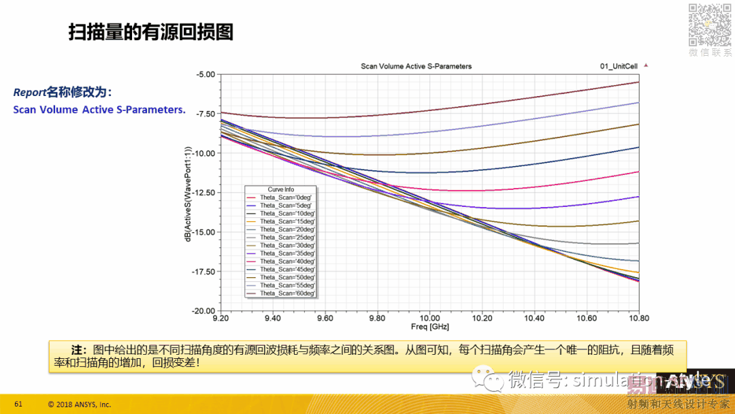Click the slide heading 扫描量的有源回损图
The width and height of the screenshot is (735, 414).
pyautogui.click(x=150, y=32)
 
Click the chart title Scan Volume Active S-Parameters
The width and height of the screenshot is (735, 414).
pyautogui.click(x=416, y=66)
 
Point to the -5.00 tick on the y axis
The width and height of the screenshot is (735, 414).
pyautogui.click(x=206, y=74)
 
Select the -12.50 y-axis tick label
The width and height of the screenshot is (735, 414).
pyautogui.click(x=204, y=193)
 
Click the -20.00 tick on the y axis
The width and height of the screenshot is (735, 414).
pyautogui.click(x=204, y=310)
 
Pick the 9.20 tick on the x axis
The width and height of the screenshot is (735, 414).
pyautogui.click(x=220, y=318)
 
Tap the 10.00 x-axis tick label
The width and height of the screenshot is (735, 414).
pyautogui.click(x=429, y=318)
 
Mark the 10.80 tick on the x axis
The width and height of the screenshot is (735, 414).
pyautogui.click(x=638, y=318)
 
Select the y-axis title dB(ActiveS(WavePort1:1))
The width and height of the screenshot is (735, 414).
pyautogui.click(x=188, y=193)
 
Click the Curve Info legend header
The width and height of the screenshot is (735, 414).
pyautogui.click(x=281, y=189)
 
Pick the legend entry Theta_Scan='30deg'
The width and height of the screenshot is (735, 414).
pyautogui.click(x=287, y=245)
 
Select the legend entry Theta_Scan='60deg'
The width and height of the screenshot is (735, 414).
pyautogui.click(x=287, y=293)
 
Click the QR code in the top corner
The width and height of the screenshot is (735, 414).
pyautogui.click(x=709, y=24)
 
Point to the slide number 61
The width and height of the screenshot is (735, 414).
pyautogui.click(x=18, y=404)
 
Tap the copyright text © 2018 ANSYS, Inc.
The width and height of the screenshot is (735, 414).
pyautogui.click(x=79, y=404)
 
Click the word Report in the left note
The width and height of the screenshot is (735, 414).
pyautogui.click(x=29, y=92)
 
